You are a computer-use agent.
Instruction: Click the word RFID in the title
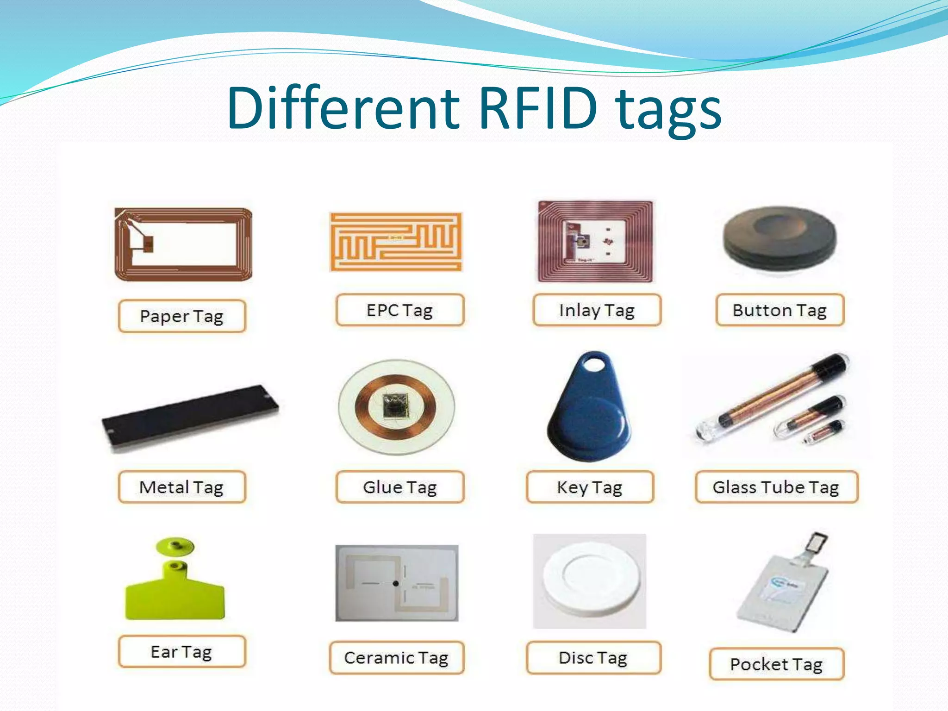pyautogui.click(x=538, y=108)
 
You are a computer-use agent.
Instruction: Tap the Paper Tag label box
pyautogui.click(x=182, y=317)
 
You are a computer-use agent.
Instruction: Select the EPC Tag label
pyautogui.click(x=400, y=310)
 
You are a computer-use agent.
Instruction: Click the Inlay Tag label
pyautogui.click(x=597, y=310)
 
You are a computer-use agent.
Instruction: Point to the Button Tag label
pyautogui.click(x=780, y=310)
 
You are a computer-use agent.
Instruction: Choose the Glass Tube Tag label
pyautogui.click(x=776, y=487)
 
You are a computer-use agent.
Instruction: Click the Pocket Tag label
pyautogui.click(x=776, y=664)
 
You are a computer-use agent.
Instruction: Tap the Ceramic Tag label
pyautogui.click(x=397, y=658)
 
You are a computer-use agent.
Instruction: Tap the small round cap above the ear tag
pyautogui.click(x=175, y=546)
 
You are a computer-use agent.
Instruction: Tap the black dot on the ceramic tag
pyautogui.click(x=396, y=583)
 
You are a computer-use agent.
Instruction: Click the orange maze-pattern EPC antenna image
pyautogui.click(x=396, y=242)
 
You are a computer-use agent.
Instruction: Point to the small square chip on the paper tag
pyautogui.click(x=148, y=244)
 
